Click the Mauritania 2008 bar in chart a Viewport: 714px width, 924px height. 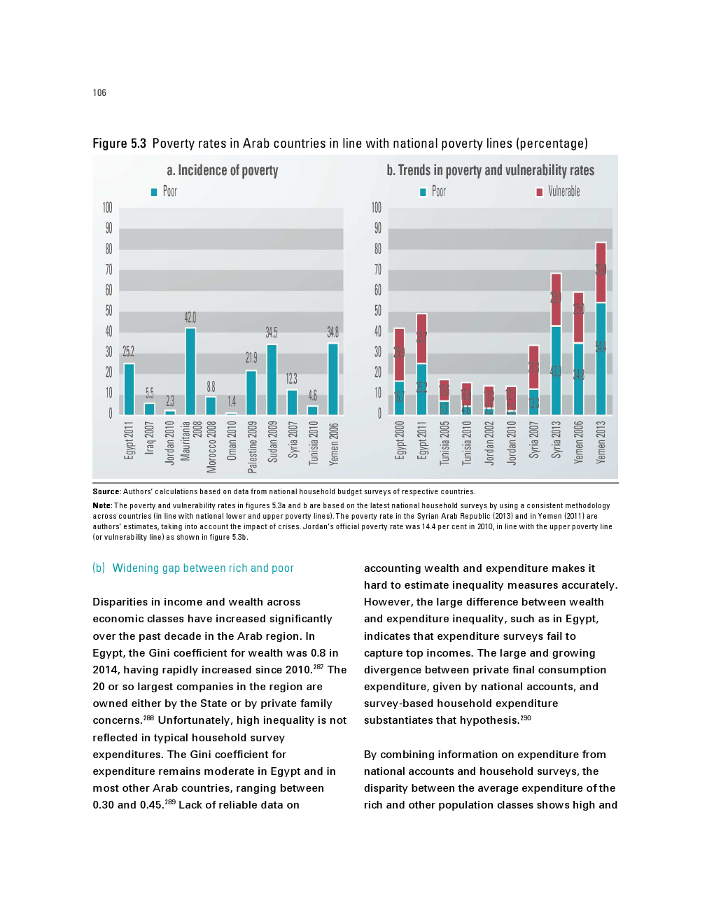190,371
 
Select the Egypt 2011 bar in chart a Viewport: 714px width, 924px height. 129,389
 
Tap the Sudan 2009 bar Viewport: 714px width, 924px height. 272,379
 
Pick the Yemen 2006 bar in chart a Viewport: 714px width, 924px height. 333,379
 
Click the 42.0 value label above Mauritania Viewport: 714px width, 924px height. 190,318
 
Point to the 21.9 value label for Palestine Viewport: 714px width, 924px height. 251,358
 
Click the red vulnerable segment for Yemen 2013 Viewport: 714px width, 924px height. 601,272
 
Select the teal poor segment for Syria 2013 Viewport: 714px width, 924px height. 556,370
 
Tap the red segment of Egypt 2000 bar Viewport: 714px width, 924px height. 399,354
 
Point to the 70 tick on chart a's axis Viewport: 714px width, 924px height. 108,269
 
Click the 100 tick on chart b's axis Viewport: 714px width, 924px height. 377,208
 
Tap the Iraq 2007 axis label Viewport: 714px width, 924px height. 149,437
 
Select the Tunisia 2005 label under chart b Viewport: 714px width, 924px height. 444,442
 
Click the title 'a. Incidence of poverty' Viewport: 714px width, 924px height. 223,170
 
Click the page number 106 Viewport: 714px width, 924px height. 99,92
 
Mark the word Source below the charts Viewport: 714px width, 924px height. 106,491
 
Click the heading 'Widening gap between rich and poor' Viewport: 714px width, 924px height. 203,568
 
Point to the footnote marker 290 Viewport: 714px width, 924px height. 526,717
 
